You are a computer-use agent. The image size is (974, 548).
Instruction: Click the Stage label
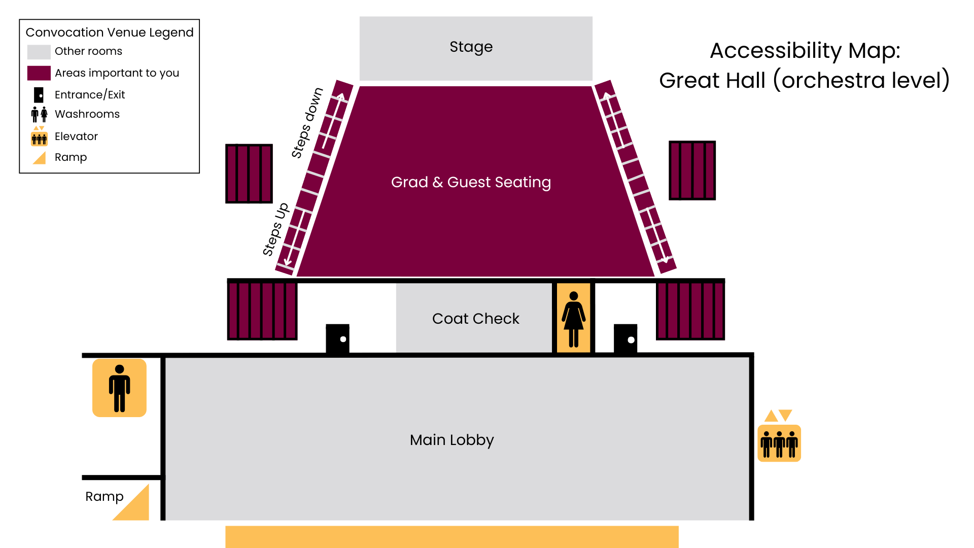(471, 47)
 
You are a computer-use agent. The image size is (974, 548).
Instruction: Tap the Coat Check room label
(475, 319)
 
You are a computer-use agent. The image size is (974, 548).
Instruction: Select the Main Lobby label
(451, 440)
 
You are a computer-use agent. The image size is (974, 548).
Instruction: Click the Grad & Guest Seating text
(471, 182)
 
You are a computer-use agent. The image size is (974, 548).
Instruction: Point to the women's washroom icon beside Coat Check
(574, 319)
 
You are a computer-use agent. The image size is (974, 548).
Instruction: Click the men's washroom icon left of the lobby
(119, 388)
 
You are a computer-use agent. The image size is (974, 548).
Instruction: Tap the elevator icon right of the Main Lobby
(779, 442)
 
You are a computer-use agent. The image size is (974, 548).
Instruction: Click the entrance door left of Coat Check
(337, 338)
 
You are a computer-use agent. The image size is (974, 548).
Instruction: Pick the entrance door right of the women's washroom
(625, 338)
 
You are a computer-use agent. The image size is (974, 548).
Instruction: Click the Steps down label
(307, 123)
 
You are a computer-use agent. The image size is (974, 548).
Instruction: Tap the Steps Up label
(275, 229)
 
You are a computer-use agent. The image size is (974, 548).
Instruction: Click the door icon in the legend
(39, 95)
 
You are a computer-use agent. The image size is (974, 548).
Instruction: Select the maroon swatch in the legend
(39, 73)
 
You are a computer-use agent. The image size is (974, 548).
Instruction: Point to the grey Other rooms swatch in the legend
(39, 52)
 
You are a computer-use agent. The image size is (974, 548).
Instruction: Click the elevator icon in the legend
(39, 137)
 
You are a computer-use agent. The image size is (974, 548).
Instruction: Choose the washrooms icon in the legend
(39, 114)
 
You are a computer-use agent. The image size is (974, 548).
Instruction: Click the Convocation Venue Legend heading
(110, 32)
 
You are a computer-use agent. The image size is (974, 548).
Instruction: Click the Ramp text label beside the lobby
(104, 496)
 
